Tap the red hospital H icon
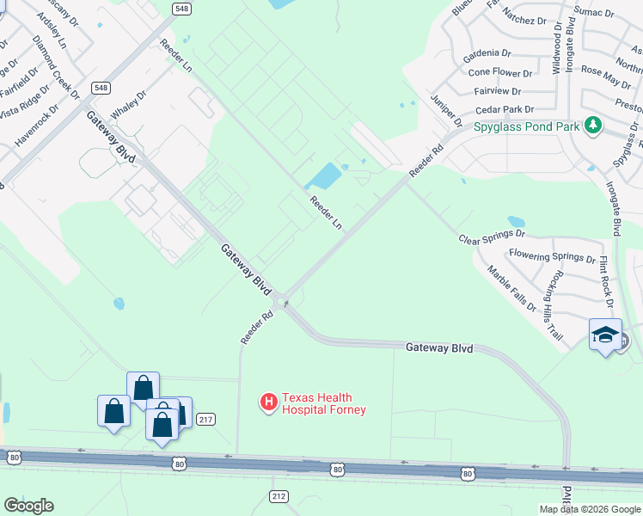pos(268,402)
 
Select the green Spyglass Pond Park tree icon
pos(591,126)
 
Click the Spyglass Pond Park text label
pos(527,126)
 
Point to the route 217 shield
pos(205,419)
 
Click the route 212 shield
pos(278,496)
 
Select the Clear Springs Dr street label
pos(491,236)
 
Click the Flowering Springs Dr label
pos(552,255)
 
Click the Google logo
pos(28,505)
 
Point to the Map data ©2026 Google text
pos(588,509)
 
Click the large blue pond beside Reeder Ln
pos(323,177)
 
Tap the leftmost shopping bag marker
pos(113,412)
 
